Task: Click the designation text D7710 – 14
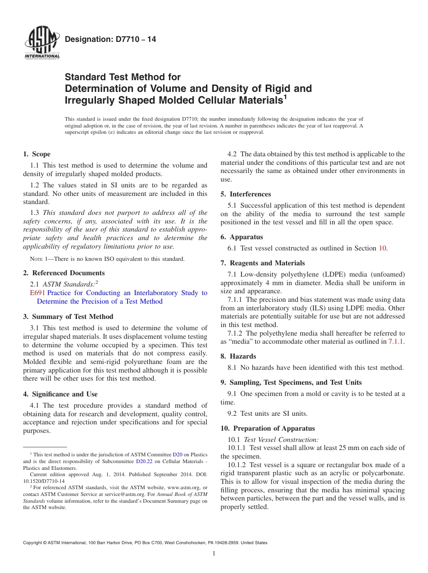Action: click(110, 40)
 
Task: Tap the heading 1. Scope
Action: click(36, 154)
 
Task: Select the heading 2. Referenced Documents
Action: click(64, 273)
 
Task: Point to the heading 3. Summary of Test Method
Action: click(68, 317)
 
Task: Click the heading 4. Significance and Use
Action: click(60, 394)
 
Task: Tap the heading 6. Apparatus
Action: click(241, 237)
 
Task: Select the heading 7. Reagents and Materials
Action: click(263, 263)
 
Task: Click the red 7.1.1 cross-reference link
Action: click(396, 342)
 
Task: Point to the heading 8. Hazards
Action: click(239, 356)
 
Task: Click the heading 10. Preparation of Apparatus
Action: click(268, 428)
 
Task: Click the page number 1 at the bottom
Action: click(214, 554)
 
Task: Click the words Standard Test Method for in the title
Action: click(123, 77)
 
